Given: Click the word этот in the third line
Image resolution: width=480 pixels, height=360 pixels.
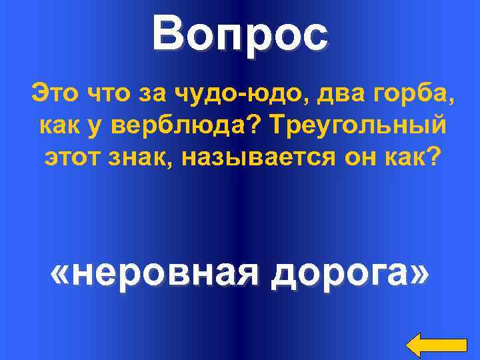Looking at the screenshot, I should [71, 156].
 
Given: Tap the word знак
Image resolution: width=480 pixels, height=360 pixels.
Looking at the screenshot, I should [137, 156].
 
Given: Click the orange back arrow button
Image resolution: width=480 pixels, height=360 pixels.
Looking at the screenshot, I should [437, 344].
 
